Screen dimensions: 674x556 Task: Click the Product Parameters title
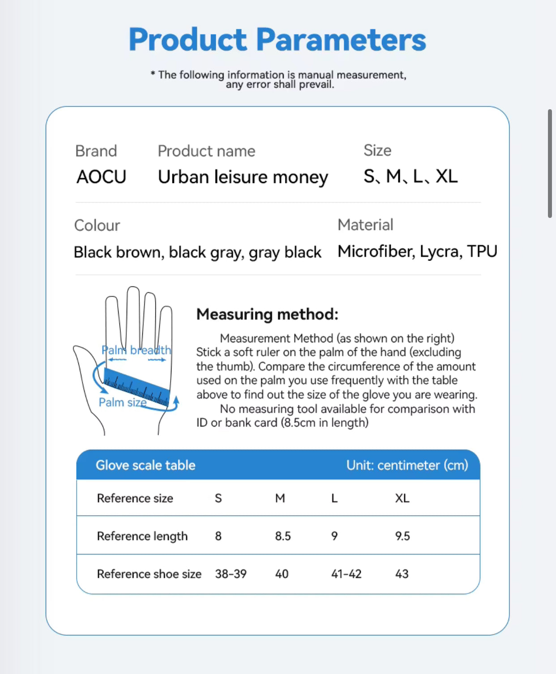click(x=277, y=39)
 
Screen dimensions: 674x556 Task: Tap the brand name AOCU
click(x=101, y=177)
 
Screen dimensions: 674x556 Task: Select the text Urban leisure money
click(x=243, y=177)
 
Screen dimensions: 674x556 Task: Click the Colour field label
click(x=97, y=225)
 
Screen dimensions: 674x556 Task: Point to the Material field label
click(x=365, y=225)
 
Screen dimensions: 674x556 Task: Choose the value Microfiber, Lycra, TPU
click(x=417, y=252)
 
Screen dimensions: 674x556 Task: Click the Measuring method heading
click(x=267, y=314)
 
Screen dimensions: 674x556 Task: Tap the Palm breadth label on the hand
click(x=136, y=350)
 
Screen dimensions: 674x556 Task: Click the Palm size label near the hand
click(x=122, y=402)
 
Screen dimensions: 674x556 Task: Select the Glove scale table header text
click(x=145, y=465)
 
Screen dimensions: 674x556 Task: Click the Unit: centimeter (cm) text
click(x=407, y=465)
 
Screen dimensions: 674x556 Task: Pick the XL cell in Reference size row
click(x=402, y=498)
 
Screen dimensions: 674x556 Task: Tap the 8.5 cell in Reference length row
click(x=282, y=536)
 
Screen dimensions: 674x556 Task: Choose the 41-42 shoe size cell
click(x=346, y=574)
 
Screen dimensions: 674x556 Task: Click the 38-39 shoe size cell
click(x=231, y=574)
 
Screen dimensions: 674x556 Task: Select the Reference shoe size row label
click(x=149, y=574)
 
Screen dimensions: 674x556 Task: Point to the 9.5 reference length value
click(x=402, y=536)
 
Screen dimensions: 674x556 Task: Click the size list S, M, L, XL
click(x=410, y=176)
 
